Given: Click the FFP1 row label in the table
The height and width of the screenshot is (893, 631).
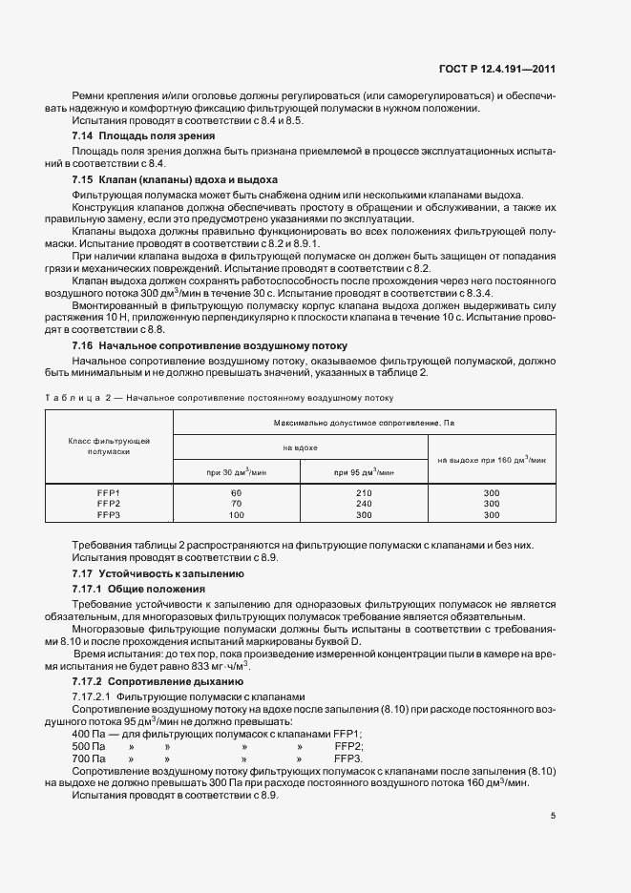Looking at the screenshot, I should click(108, 492).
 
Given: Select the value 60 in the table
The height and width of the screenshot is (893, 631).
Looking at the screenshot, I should click(236, 492).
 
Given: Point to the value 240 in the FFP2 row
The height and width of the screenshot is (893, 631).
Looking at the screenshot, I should click(364, 503).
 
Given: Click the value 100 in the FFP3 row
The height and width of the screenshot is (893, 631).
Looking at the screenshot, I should click(236, 514).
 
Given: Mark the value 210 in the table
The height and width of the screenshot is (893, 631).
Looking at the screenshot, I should click(364, 492).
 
